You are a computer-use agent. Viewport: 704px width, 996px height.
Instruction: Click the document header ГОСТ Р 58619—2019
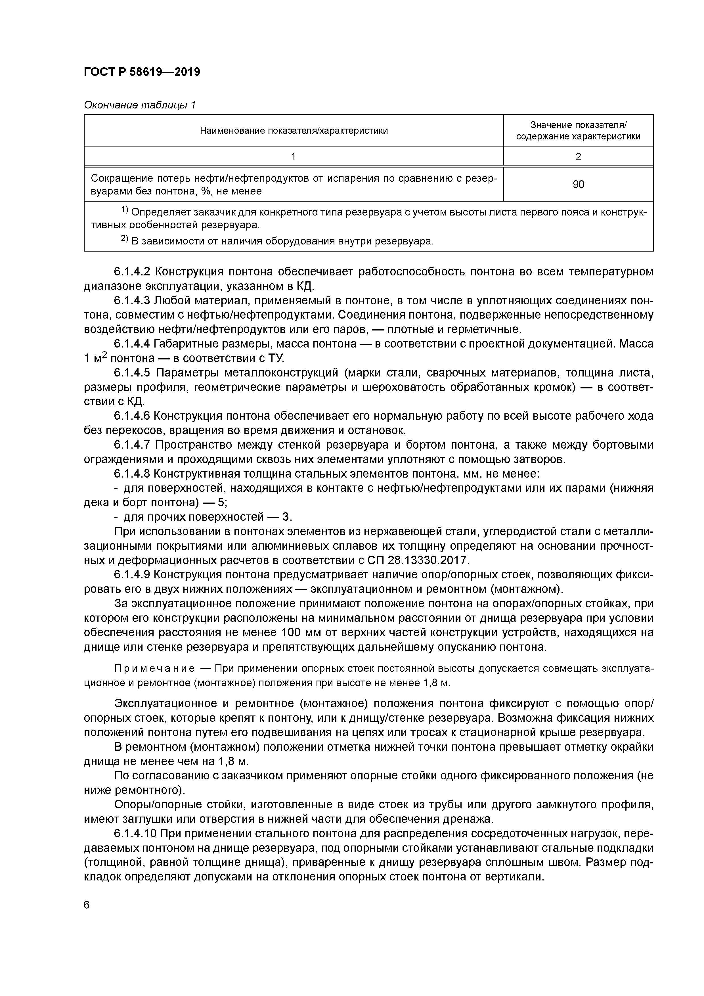[142, 72]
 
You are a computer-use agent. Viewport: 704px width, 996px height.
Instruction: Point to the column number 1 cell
[294, 156]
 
